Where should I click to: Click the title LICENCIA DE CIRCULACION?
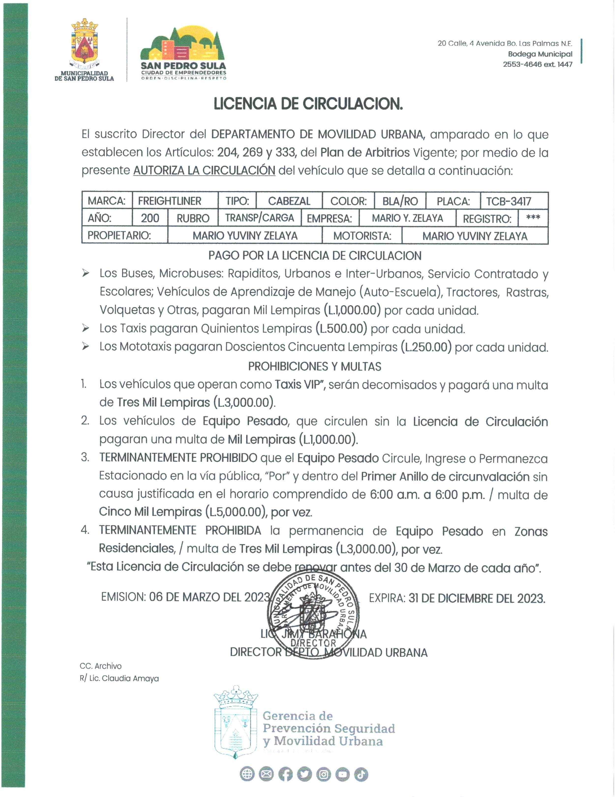point(308,104)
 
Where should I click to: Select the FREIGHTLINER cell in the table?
point(170,201)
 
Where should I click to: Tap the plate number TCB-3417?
point(509,201)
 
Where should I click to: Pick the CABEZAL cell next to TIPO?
point(289,201)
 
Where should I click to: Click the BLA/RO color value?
point(400,201)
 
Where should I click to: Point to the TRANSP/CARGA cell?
point(259,218)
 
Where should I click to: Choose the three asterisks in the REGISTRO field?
point(533,218)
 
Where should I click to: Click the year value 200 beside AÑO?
point(150,218)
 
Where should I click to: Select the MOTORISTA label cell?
point(362,236)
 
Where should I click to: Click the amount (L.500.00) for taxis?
point(341,328)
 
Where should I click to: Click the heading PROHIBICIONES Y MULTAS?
point(315,366)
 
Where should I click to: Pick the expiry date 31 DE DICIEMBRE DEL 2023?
point(477,598)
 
